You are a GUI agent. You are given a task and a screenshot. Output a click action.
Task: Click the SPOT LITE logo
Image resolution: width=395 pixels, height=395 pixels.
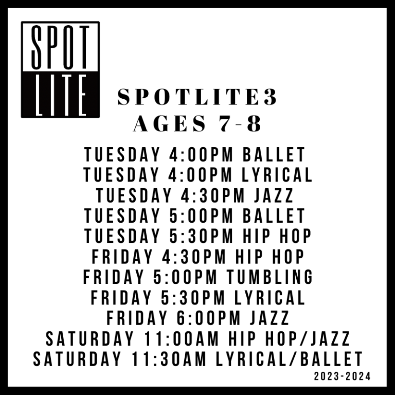pyautogui.click(x=60, y=69)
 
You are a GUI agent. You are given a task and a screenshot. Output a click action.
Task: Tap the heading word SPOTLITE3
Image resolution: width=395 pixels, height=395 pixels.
pyautogui.click(x=198, y=98)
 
